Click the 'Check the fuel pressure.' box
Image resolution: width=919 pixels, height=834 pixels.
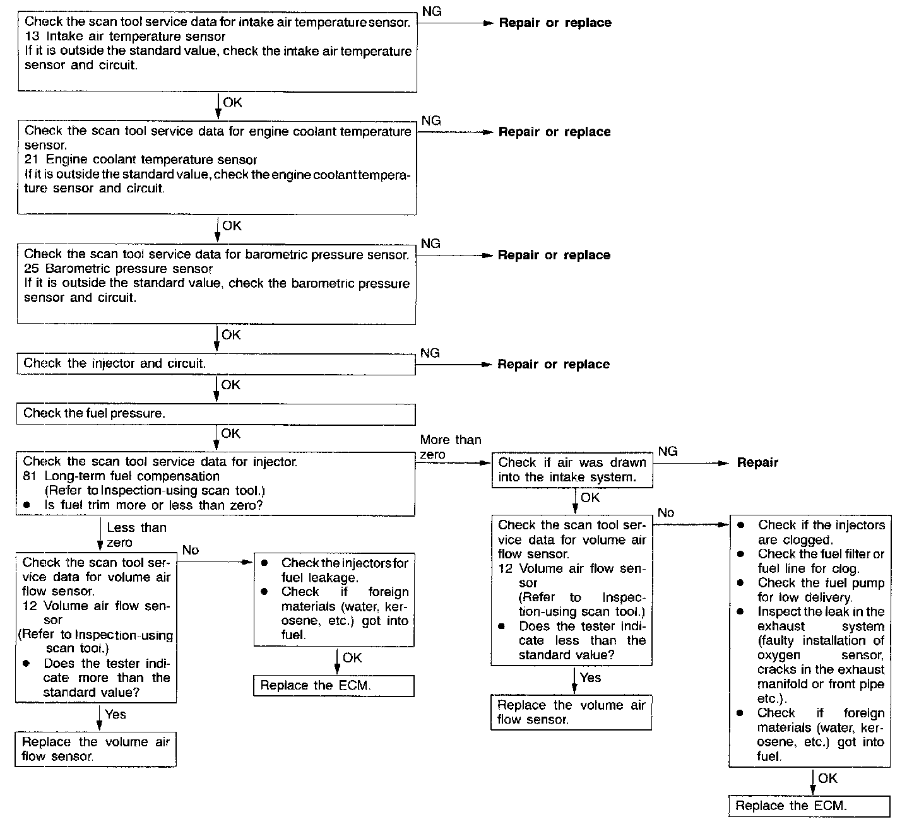click(x=215, y=414)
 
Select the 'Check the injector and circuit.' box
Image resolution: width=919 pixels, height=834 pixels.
click(x=215, y=364)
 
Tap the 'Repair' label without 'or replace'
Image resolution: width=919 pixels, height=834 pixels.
click(x=757, y=462)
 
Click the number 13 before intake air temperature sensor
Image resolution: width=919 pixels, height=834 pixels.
click(x=32, y=37)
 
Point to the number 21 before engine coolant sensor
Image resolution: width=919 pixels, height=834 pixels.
click(x=32, y=160)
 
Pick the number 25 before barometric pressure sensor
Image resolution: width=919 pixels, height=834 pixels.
click(x=31, y=269)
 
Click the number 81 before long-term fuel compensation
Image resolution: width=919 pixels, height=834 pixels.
click(x=30, y=476)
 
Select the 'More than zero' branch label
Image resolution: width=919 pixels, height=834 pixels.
click(x=450, y=447)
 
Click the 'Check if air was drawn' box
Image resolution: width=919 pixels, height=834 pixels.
click(x=572, y=470)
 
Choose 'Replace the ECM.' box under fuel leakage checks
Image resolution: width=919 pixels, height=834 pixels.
click(x=333, y=686)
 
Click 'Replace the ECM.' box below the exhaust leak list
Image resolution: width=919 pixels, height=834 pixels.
click(x=809, y=806)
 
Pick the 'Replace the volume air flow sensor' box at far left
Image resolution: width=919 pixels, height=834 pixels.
click(x=95, y=749)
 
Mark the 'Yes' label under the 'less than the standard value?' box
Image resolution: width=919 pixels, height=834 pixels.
click(x=591, y=678)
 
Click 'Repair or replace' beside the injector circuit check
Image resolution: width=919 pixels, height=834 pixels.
click(x=554, y=365)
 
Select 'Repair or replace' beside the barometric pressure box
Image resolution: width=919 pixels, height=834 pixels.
click(x=554, y=255)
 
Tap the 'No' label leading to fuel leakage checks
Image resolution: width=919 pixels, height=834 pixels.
click(x=190, y=550)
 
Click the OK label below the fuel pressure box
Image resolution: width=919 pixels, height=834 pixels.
click(x=230, y=433)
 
